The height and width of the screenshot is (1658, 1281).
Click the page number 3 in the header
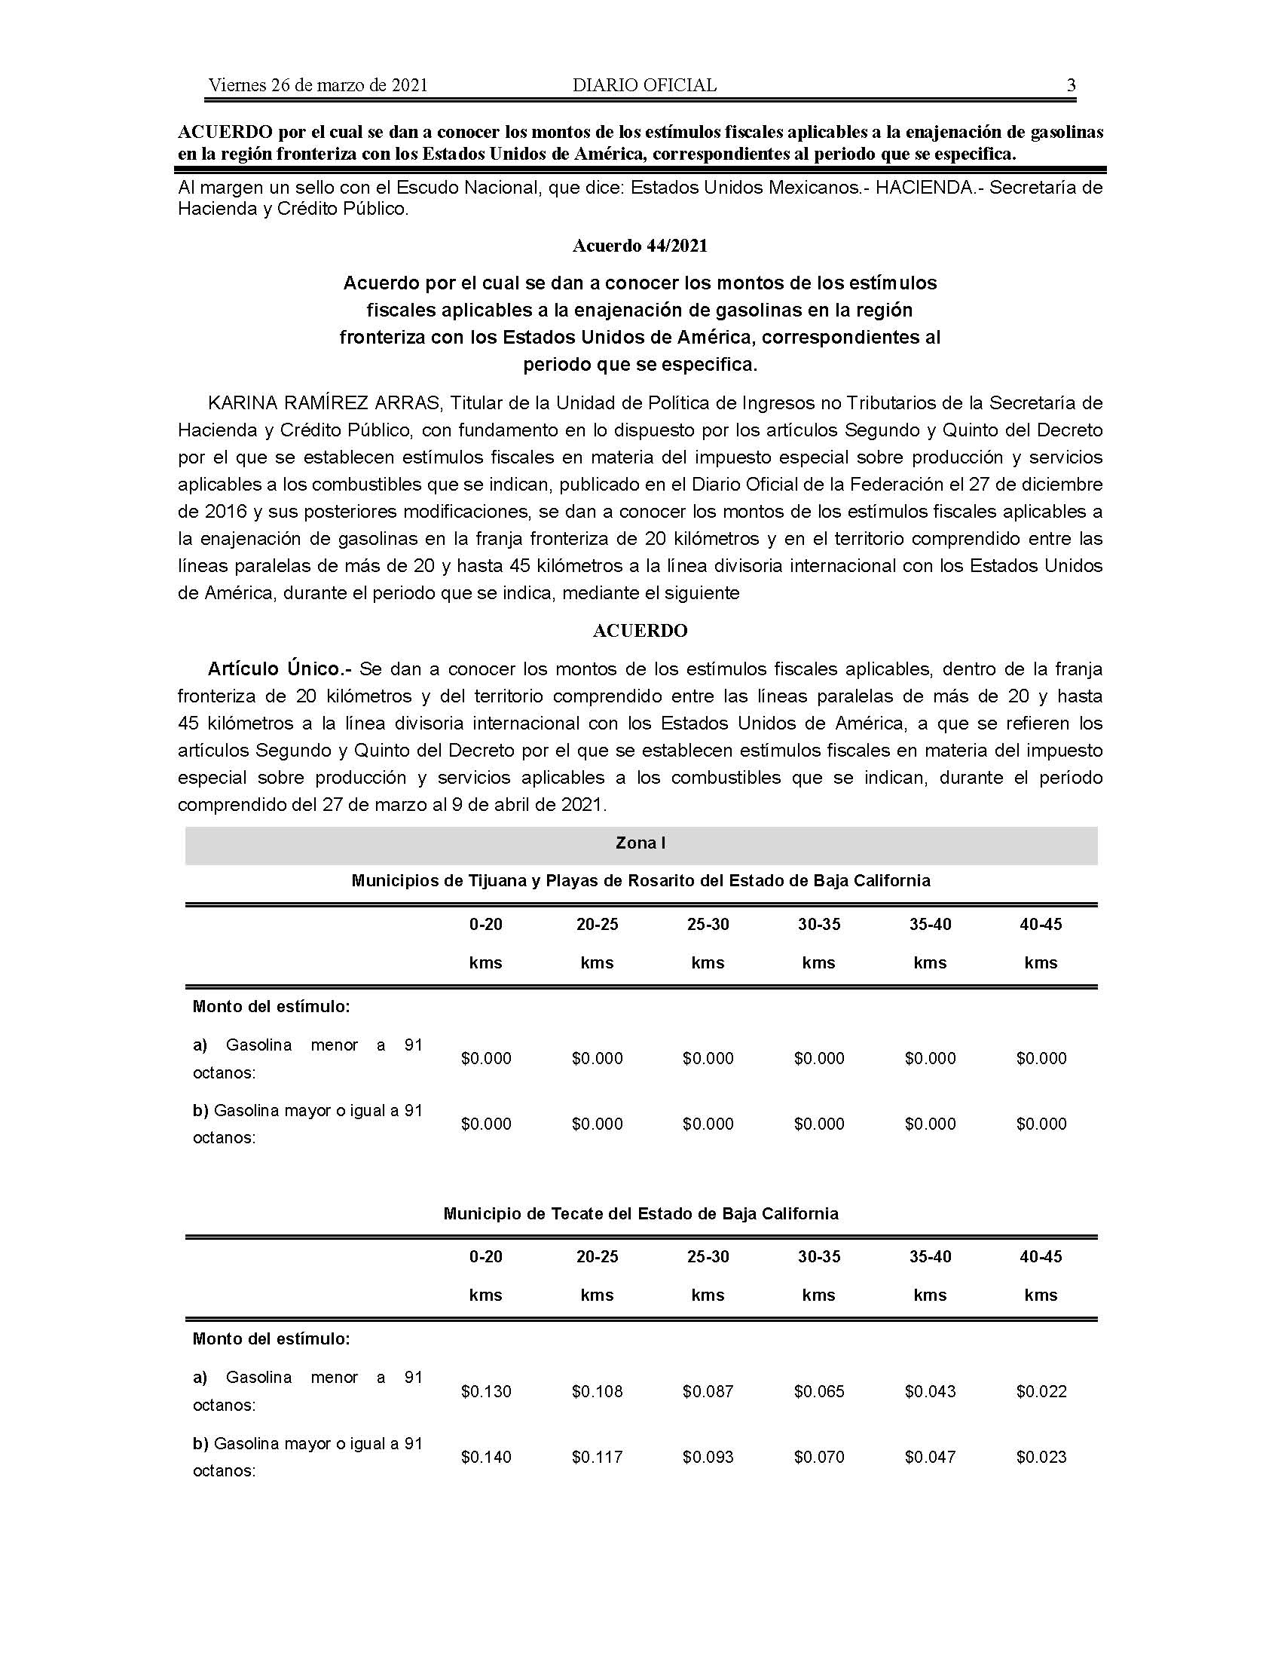[x=1071, y=85]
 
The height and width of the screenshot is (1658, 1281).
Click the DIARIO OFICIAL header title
[x=644, y=85]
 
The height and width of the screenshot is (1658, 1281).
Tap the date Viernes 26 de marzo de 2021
[x=318, y=85]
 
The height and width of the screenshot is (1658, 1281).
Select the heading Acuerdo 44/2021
[x=640, y=246]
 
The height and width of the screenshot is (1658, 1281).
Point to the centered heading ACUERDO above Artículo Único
[x=640, y=631]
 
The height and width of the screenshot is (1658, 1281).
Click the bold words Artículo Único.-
[x=280, y=668]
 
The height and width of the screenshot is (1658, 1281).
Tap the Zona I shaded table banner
[x=640, y=843]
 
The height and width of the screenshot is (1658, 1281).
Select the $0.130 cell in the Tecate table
[x=486, y=1391]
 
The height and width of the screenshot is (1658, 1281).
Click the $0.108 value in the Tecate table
[x=598, y=1391]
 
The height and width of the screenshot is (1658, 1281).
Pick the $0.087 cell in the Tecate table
[x=708, y=1391]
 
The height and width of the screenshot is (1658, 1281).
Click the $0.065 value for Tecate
[x=819, y=1391]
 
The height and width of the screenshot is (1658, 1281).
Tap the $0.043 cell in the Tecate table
[x=931, y=1391]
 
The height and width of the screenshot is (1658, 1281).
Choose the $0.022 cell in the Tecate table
[x=1041, y=1391]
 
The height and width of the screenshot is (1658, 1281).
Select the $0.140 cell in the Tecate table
[x=486, y=1457]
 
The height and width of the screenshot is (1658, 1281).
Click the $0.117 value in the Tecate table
[x=598, y=1457]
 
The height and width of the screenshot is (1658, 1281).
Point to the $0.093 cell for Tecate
[x=708, y=1457]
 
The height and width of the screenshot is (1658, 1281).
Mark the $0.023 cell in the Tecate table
[x=1041, y=1457]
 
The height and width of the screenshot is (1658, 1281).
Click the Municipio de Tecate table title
[x=640, y=1213]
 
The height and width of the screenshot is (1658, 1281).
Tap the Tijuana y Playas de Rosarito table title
[x=640, y=880]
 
